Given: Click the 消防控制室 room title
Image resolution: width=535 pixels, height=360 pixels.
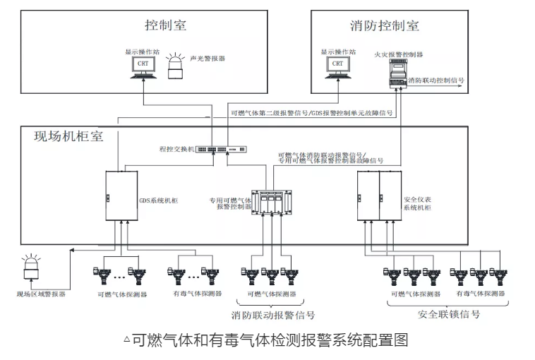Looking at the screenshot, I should (x=384, y=26).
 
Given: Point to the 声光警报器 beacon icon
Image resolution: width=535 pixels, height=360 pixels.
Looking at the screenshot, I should (x=175, y=68).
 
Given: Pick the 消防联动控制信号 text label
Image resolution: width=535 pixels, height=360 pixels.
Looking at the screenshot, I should (x=435, y=80).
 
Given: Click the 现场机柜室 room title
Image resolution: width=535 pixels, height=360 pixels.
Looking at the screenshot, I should (x=68, y=136).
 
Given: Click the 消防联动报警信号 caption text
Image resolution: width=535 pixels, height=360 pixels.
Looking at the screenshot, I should (x=273, y=315).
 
